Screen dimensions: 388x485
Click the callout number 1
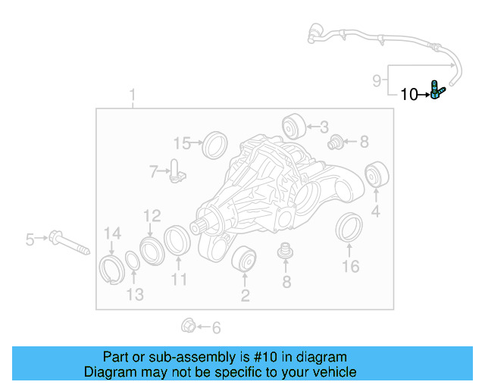pos(133,96)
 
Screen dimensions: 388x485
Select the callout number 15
pos(182,142)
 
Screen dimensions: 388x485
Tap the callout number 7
pos(153,172)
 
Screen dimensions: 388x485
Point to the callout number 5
pos(30,240)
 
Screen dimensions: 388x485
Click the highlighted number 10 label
pos(408,95)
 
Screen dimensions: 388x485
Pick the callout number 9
pos(377,80)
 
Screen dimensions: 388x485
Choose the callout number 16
pos(350,266)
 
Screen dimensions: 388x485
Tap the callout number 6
pos(216,328)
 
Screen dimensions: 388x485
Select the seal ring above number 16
pos(349,229)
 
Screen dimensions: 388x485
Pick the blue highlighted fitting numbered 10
pos(436,91)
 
